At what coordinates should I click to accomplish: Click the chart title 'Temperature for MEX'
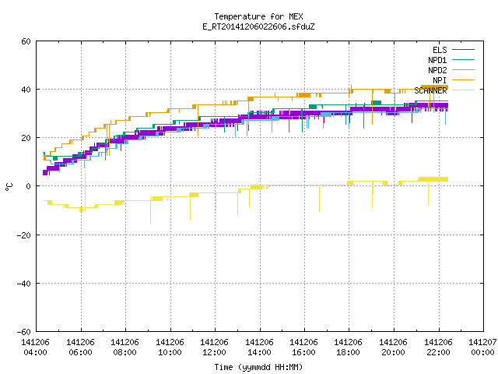(x=258, y=16)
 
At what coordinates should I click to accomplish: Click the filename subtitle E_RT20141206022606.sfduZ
(x=258, y=26)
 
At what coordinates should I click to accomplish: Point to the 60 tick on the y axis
(x=26, y=41)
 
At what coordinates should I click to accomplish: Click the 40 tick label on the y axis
(x=26, y=90)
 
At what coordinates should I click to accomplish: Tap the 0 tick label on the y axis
(x=29, y=186)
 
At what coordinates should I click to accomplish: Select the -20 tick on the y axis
(x=24, y=235)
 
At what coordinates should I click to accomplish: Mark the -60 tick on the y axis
(x=24, y=332)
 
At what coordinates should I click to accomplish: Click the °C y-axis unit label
(x=9, y=187)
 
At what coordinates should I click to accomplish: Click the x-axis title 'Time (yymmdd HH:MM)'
(x=258, y=367)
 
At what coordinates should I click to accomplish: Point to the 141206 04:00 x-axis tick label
(x=35, y=348)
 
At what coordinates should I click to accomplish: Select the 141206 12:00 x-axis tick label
(x=215, y=348)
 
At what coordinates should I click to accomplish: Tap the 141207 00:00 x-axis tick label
(x=482, y=348)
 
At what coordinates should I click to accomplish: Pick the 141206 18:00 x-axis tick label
(x=349, y=348)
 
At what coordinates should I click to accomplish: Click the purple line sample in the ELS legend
(x=464, y=50)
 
